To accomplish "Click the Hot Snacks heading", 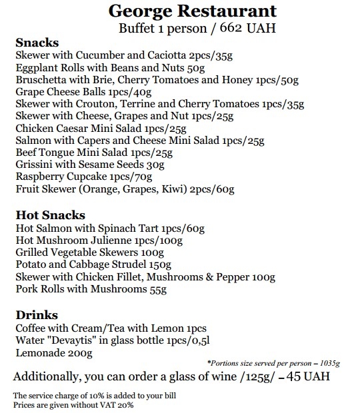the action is tap(50, 215).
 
